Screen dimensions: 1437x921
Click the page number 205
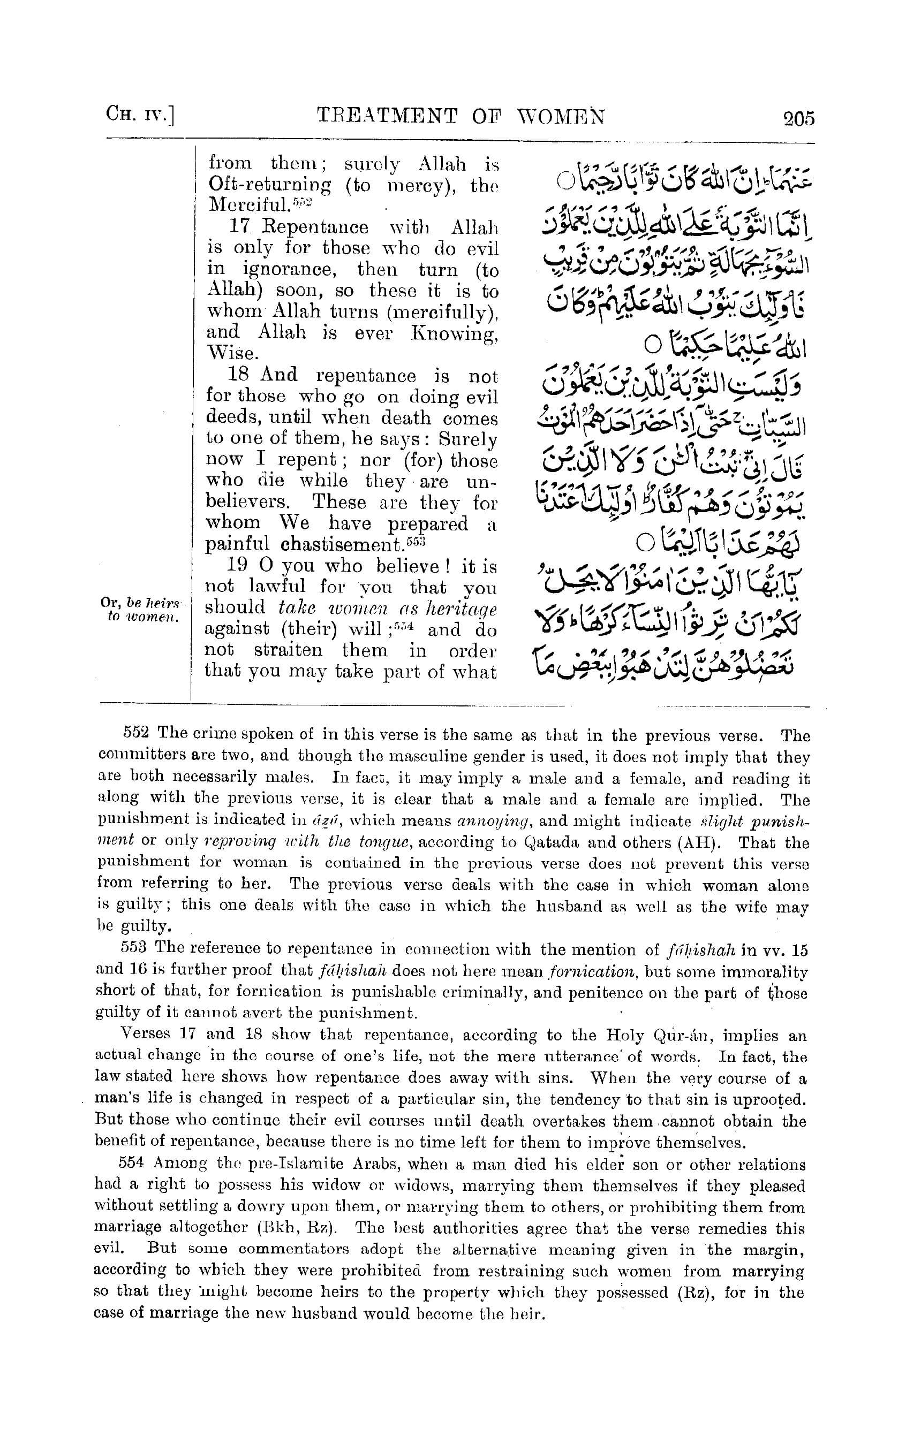[798, 118]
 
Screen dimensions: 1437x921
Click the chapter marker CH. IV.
[139, 115]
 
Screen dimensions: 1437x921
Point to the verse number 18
[238, 375]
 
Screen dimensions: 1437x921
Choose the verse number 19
[238, 566]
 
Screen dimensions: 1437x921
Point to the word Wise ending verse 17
[232, 353]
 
